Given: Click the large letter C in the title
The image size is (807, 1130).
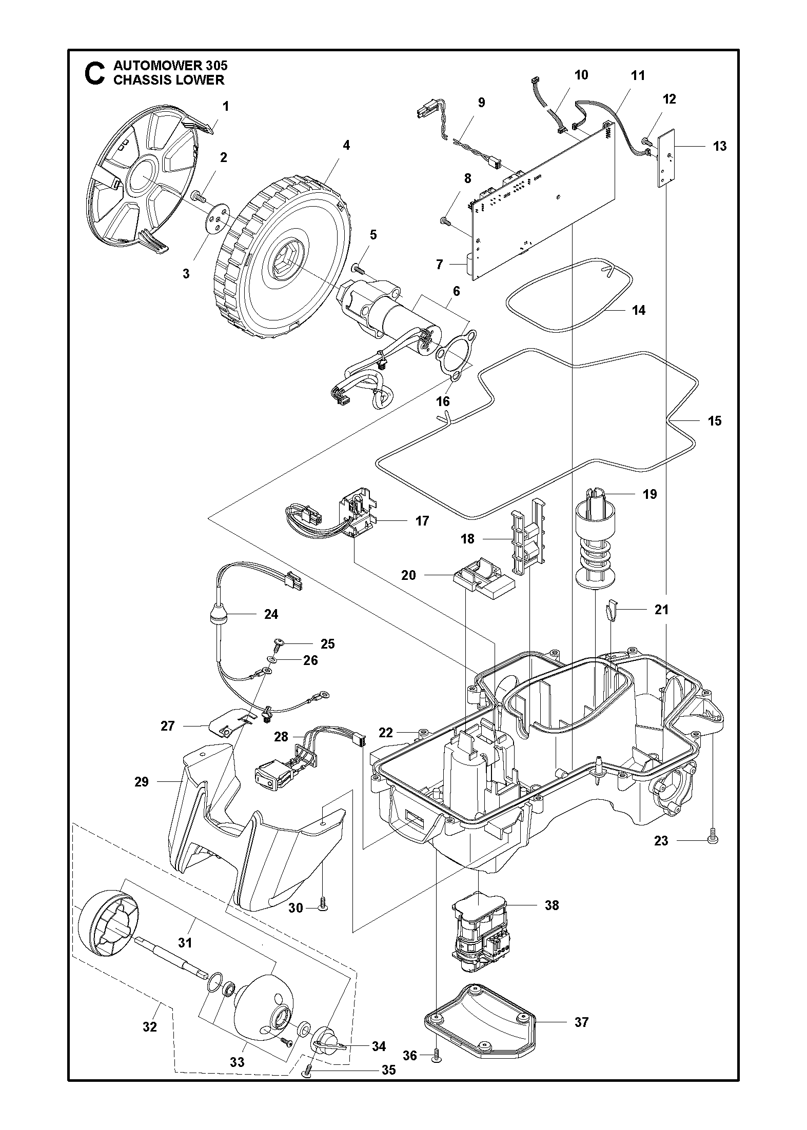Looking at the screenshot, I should point(94,73).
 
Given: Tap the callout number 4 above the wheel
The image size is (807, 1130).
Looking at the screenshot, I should point(346,145).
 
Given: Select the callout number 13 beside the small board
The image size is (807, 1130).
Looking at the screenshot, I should point(719,146).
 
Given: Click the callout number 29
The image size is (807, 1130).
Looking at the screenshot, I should point(141,782).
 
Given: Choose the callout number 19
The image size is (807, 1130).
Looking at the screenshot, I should point(649,494).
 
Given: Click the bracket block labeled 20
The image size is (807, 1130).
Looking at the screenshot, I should point(482,578).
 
